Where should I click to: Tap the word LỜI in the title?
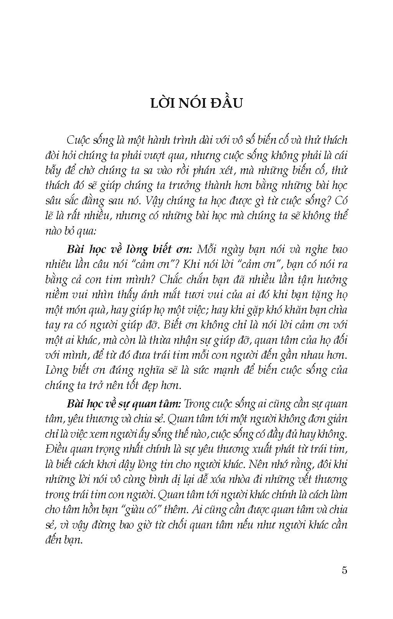(163, 104)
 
